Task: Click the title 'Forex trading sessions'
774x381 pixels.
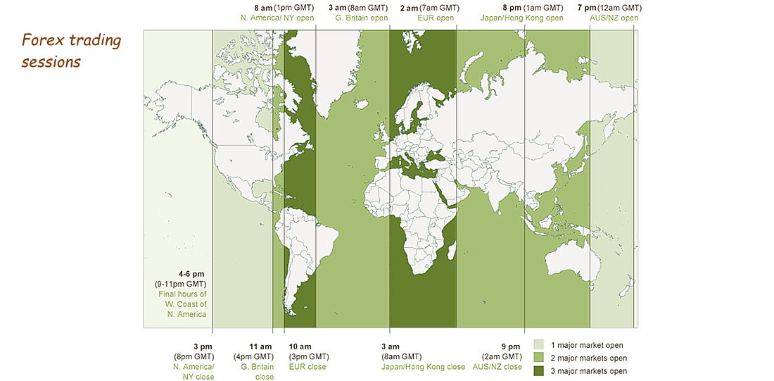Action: [71, 51]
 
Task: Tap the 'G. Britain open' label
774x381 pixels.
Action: [361, 18]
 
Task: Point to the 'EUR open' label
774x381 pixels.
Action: [435, 18]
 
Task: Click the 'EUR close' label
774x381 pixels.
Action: [307, 367]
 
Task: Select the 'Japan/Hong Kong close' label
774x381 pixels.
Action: [423, 367]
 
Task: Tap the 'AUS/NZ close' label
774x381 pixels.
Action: [497, 367]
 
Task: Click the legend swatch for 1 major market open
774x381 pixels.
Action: [538, 345]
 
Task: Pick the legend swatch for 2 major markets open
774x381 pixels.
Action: [538, 358]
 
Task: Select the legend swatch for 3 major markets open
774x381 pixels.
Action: [538, 370]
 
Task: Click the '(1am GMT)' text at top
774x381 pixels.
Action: [542, 8]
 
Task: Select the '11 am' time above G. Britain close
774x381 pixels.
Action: [261, 346]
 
